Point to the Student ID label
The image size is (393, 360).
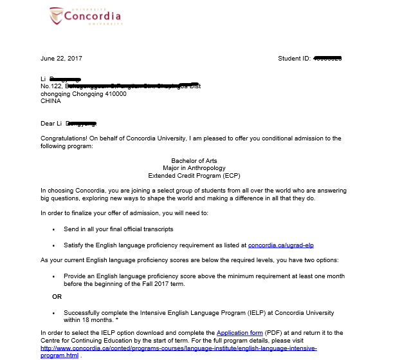[x=293, y=59]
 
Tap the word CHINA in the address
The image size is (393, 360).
[x=51, y=101]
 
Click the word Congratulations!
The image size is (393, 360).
[x=64, y=138]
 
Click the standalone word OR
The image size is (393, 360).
[x=57, y=297]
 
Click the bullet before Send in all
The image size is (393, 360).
[x=53, y=229]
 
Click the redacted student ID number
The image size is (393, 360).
[x=327, y=59]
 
